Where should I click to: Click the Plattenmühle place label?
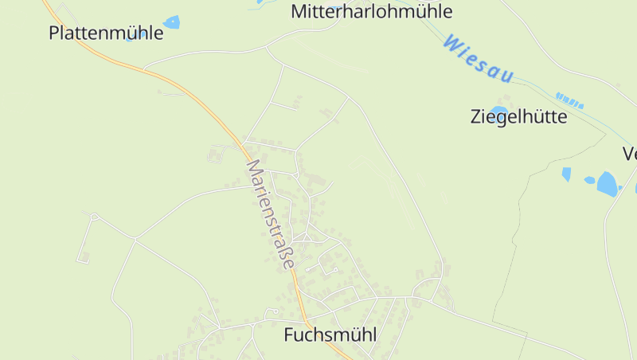click(106, 33)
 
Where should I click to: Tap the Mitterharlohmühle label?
click(372, 11)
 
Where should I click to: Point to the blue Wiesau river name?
click(478, 58)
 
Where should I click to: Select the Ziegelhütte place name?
click(519, 117)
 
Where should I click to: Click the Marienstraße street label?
click(271, 214)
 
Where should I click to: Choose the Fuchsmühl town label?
click(330, 335)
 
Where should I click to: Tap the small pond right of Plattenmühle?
click(171, 22)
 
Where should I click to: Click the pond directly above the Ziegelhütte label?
click(498, 111)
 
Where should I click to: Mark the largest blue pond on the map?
click(608, 184)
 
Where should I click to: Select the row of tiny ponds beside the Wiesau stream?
click(569, 100)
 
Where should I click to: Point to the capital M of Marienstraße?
click(253, 167)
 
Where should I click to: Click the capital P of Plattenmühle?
click(54, 33)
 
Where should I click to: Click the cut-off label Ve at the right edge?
click(630, 154)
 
